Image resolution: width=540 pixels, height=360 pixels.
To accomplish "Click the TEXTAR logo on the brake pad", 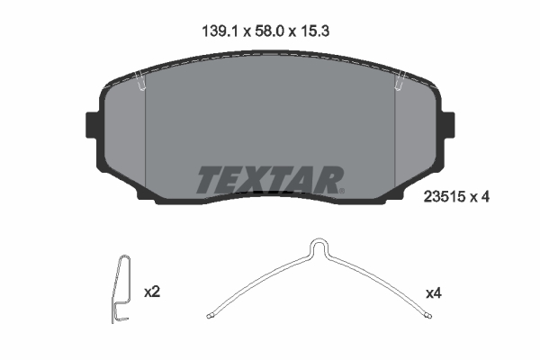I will click(269, 180).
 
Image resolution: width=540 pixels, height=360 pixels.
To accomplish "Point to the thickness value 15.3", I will click(321, 31).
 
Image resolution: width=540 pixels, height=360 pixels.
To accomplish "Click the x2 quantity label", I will click(152, 292).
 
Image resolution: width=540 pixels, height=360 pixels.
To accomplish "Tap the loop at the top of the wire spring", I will click(319, 246).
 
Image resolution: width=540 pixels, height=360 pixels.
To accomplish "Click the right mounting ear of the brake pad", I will click(447, 123).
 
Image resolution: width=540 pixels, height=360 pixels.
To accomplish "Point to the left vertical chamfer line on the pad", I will click(146, 135).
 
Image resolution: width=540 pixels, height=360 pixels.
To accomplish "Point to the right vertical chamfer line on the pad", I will click(396, 135).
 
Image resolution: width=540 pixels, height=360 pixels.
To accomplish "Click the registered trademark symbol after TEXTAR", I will click(340, 190).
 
